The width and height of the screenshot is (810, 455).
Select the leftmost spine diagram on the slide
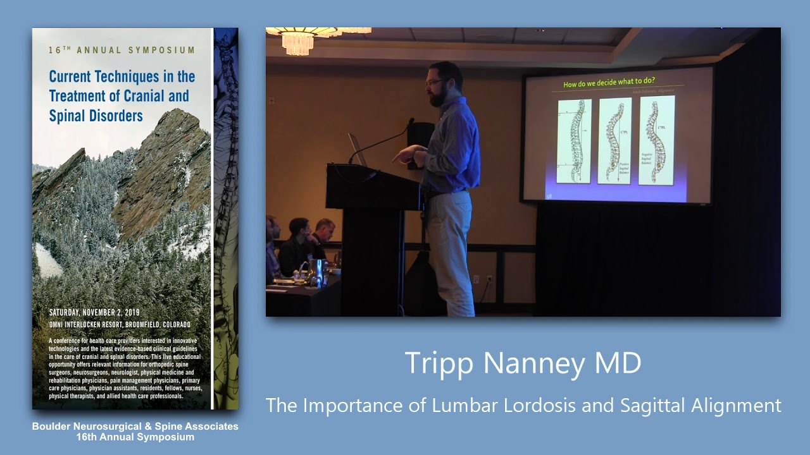coord(575,140)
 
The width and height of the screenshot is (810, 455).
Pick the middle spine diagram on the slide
coord(614,140)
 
